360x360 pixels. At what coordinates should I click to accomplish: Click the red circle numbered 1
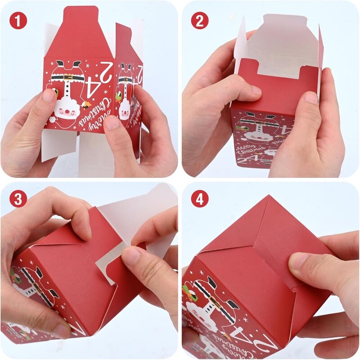point(18,20)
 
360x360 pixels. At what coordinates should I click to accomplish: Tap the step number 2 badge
point(200,20)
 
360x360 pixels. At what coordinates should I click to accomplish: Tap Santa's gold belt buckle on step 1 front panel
point(67,77)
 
